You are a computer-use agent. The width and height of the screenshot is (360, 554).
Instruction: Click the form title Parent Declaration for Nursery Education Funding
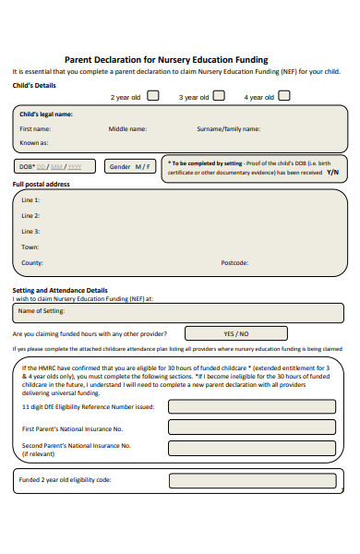pyautogui.click(x=167, y=59)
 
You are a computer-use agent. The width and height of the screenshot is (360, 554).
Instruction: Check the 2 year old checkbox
pyautogui.click(x=153, y=95)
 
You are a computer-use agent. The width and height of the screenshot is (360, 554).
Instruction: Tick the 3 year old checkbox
pyautogui.click(x=219, y=95)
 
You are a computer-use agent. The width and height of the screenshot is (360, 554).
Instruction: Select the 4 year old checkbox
pyautogui.click(x=284, y=95)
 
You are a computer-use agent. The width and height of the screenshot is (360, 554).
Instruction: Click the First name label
pyautogui.click(x=35, y=129)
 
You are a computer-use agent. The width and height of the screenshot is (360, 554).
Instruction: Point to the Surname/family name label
pyautogui.click(x=228, y=129)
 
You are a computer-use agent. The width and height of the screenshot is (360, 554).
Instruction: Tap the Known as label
pyautogui.click(x=34, y=143)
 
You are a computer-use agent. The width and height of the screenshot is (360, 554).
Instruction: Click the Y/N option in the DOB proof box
pyautogui.click(x=332, y=172)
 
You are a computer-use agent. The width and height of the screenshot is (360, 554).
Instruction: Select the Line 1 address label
pyautogui.click(x=30, y=200)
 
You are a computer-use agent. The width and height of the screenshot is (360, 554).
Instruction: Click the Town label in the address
pyautogui.click(x=30, y=247)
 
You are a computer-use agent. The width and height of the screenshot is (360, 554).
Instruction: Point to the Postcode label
pyautogui.click(x=234, y=263)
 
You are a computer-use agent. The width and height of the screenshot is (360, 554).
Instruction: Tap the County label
pyautogui.click(x=32, y=263)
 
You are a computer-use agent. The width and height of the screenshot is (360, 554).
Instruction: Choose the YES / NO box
pyautogui.click(x=235, y=333)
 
